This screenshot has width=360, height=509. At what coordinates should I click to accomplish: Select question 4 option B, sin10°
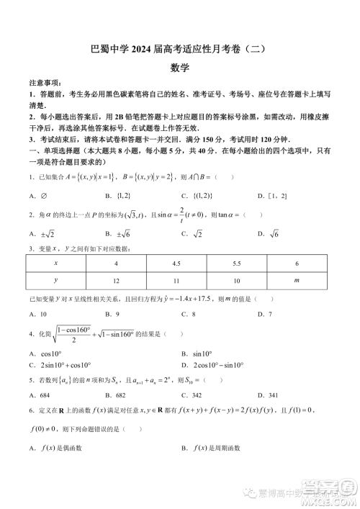pyautogui.click(x=197, y=353)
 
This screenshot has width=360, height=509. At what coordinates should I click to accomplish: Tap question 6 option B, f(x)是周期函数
pyautogui.click(x=216, y=449)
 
